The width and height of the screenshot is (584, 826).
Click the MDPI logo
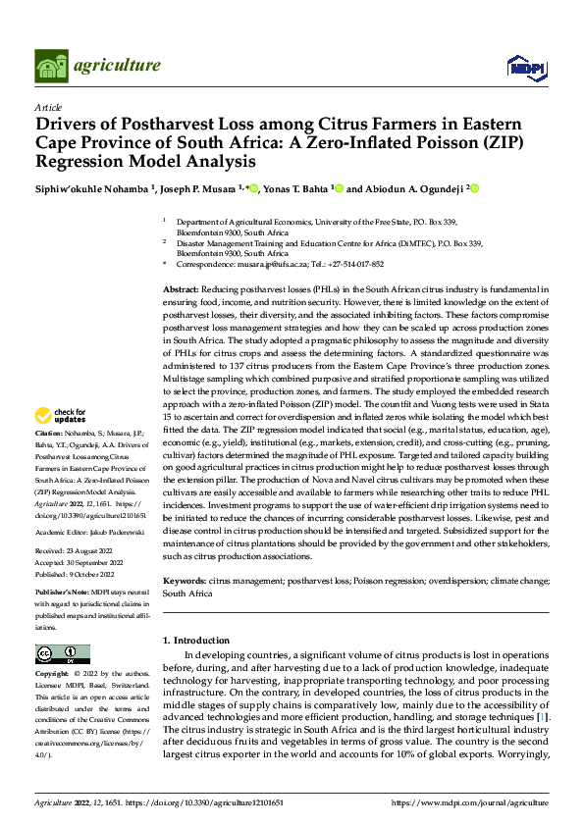point(526,66)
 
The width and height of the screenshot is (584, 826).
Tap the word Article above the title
point(48,106)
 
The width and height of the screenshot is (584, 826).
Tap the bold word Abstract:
point(181,291)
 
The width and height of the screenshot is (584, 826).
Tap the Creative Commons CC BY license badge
point(62,654)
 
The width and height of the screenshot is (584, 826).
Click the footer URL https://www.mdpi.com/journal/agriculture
point(470,802)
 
